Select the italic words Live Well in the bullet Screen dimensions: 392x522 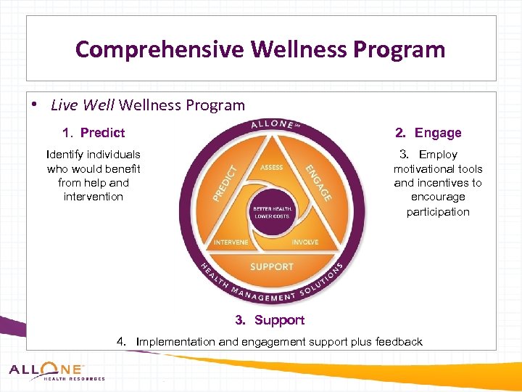coord(82,105)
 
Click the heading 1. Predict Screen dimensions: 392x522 coord(94,133)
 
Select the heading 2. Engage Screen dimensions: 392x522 coord(428,133)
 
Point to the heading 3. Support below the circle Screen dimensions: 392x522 coord(270,320)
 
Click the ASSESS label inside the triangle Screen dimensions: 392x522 coord(271,168)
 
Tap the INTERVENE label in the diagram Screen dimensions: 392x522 coord(231,242)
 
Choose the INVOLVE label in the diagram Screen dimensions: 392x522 coord(304,242)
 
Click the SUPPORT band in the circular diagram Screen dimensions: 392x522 coord(271,266)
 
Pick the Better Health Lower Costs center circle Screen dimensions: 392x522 coord(271,212)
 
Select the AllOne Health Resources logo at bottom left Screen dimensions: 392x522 coord(57,372)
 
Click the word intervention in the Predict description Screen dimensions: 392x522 coord(94,197)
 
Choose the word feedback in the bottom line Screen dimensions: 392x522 coord(399,342)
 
